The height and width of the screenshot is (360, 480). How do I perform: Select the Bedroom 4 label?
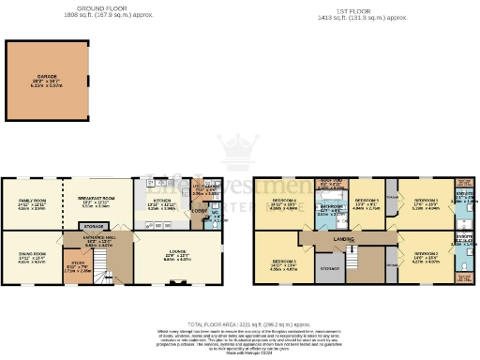[x=284, y=201]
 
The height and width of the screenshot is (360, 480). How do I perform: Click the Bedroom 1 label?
[x=427, y=200]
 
